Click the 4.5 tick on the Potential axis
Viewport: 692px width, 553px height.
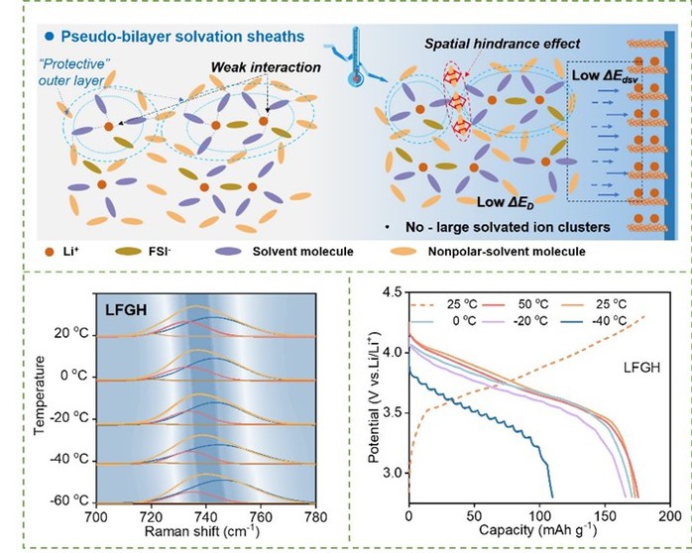coord(391,292)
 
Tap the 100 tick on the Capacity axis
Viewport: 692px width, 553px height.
coord(539,516)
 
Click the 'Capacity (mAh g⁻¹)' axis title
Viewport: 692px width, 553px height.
coord(539,533)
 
